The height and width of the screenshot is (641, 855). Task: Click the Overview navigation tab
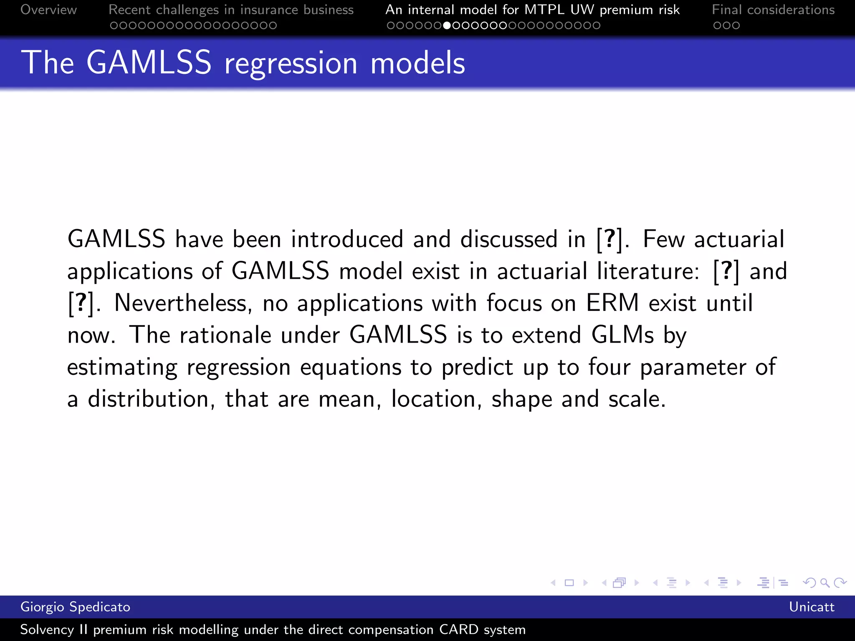(x=48, y=10)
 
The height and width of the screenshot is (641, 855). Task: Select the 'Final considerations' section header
(x=773, y=10)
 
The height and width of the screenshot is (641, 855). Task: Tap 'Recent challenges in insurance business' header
(x=231, y=10)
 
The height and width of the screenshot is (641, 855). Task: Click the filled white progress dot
(x=447, y=25)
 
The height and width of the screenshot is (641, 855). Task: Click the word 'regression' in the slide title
(x=291, y=63)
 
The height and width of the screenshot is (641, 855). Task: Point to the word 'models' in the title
(x=417, y=63)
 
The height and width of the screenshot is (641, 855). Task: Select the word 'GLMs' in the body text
(x=622, y=335)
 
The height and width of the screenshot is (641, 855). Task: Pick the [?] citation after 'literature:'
(x=726, y=271)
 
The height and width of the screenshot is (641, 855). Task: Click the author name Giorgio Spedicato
(x=75, y=607)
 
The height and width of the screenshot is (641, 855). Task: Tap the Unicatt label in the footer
(x=811, y=607)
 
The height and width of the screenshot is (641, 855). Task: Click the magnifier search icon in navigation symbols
(x=825, y=583)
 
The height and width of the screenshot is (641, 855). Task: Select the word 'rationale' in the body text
(x=225, y=335)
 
